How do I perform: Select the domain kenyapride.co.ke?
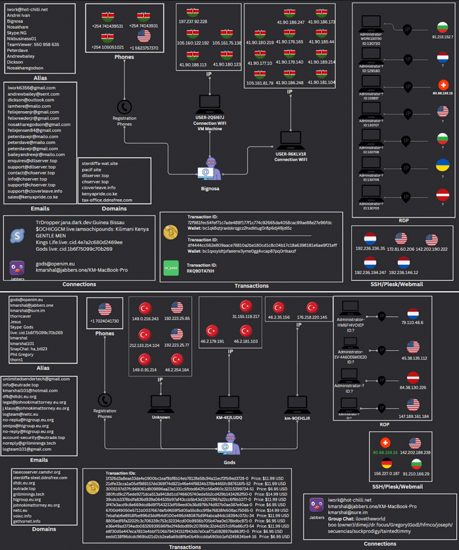[x=99, y=193]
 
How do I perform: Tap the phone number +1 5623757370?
[x=144, y=48]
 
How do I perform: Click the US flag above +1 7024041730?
[x=105, y=309]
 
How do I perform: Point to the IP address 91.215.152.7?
[x=442, y=37]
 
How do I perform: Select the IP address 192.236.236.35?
[x=370, y=249]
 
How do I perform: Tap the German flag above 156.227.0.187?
[x=386, y=464]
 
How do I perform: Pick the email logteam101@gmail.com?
[x=27, y=449]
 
